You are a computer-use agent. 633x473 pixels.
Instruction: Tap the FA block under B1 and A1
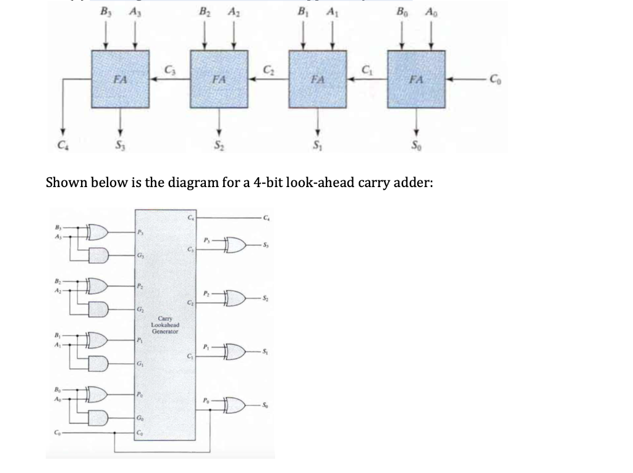coord(318,80)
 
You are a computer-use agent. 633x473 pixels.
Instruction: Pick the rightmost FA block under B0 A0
coord(416,80)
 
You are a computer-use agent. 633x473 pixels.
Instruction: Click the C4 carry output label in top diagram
coord(61,146)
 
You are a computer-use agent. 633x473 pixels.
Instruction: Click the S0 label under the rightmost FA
coord(416,146)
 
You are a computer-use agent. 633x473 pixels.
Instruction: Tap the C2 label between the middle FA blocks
coord(268,69)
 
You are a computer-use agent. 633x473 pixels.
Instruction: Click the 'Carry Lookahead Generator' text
coord(164,326)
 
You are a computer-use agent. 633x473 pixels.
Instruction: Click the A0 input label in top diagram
coord(431,10)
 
